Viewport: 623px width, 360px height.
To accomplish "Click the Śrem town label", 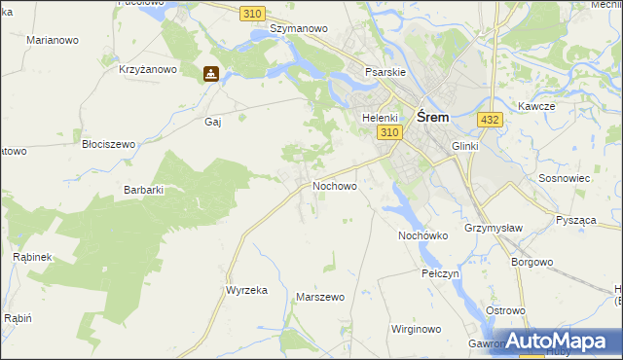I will [x=432, y=117].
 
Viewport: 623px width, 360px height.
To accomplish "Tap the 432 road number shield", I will [x=490, y=119].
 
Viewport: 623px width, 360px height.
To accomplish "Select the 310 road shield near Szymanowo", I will [x=252, y=12].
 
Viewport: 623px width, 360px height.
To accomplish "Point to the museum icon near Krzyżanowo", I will [x=210, y=73].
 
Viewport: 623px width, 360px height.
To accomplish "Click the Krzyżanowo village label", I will [x=147, y=69].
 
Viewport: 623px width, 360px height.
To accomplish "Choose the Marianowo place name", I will [x=54, y=41].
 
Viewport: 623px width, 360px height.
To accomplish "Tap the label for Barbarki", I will [x=143, y=190].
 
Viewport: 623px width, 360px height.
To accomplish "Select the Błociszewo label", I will [x=108, y=144].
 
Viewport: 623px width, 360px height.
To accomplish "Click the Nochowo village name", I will [x=334, y=185].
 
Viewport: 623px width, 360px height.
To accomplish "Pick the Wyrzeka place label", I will [x=246, y=290].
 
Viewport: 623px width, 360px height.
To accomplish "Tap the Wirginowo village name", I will [x=416, y=329].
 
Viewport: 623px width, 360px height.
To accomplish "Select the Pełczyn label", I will [x=440, y=273].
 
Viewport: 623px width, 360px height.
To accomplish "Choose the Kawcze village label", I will [x=536, y=106].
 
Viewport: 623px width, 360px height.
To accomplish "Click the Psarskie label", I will [x=385, y=72].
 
